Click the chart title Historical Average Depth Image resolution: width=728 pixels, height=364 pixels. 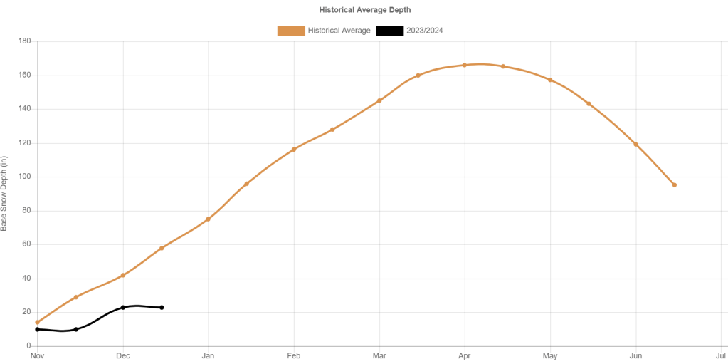365,10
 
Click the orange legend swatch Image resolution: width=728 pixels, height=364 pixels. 290,31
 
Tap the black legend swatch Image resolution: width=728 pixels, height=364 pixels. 389,31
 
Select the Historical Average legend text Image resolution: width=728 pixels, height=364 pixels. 339,31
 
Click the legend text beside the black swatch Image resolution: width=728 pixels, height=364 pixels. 424,31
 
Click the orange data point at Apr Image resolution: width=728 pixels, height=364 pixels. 465,65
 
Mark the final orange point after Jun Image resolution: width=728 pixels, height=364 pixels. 674,185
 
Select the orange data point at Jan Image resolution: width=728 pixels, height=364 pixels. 209,219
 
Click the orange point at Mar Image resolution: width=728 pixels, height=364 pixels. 379,100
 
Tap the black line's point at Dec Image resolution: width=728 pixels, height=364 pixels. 123,307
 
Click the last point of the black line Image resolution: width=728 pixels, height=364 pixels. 162,307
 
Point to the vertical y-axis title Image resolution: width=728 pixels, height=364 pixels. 6,192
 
